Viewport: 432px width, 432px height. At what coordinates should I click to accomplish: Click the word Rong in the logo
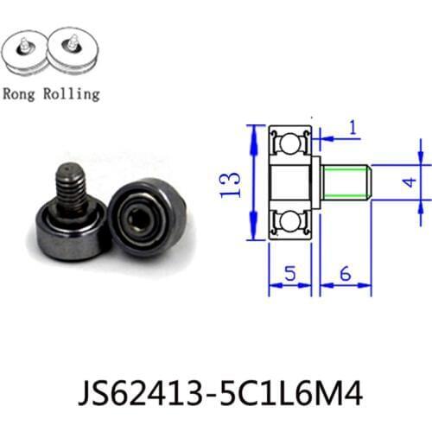[x=24, y=92]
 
